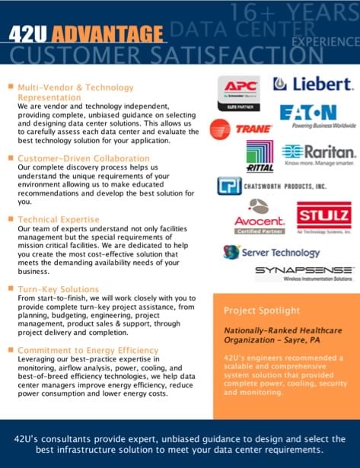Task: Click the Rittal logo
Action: click(260, 157)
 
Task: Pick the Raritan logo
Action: click(318, 154)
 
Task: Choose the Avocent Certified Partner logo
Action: click(259, 217)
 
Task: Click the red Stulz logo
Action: click(323, 217)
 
